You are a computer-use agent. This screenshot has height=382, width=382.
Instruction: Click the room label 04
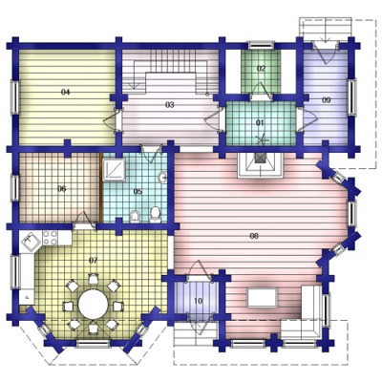tap(65, 93)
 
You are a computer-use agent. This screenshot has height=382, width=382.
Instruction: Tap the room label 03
tap(170, 105)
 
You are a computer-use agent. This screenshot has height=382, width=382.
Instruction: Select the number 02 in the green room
tap(261, 69)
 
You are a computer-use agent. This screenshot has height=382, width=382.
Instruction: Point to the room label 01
tap(261, 122)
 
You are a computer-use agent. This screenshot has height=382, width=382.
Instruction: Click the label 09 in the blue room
tap(326, 100)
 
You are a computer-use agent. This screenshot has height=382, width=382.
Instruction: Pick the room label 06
tap(62, 189)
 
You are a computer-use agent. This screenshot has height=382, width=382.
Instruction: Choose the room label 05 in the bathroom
tap(138, 191)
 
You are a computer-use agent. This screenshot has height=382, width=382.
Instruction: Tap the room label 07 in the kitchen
tap(93, 261)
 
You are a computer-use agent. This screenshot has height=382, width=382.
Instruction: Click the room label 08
tap(254, 236)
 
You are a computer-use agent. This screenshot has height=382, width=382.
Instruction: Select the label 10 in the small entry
tap(198, 301)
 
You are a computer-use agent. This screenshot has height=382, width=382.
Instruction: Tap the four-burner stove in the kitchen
tap(50, 238)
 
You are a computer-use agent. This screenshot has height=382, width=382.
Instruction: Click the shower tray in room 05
tap(114, 169)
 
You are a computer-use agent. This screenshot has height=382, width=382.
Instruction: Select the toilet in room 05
tap(156, 215)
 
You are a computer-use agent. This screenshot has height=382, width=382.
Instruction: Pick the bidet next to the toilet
tap(136, 217)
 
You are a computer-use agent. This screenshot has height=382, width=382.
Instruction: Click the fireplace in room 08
tap(261, 163)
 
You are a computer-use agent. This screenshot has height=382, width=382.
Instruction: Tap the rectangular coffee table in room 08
tap(262, 298)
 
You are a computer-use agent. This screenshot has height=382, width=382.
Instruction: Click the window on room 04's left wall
tap(14, 97)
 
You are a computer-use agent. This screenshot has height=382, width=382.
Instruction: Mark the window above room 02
tap(261, 45)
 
